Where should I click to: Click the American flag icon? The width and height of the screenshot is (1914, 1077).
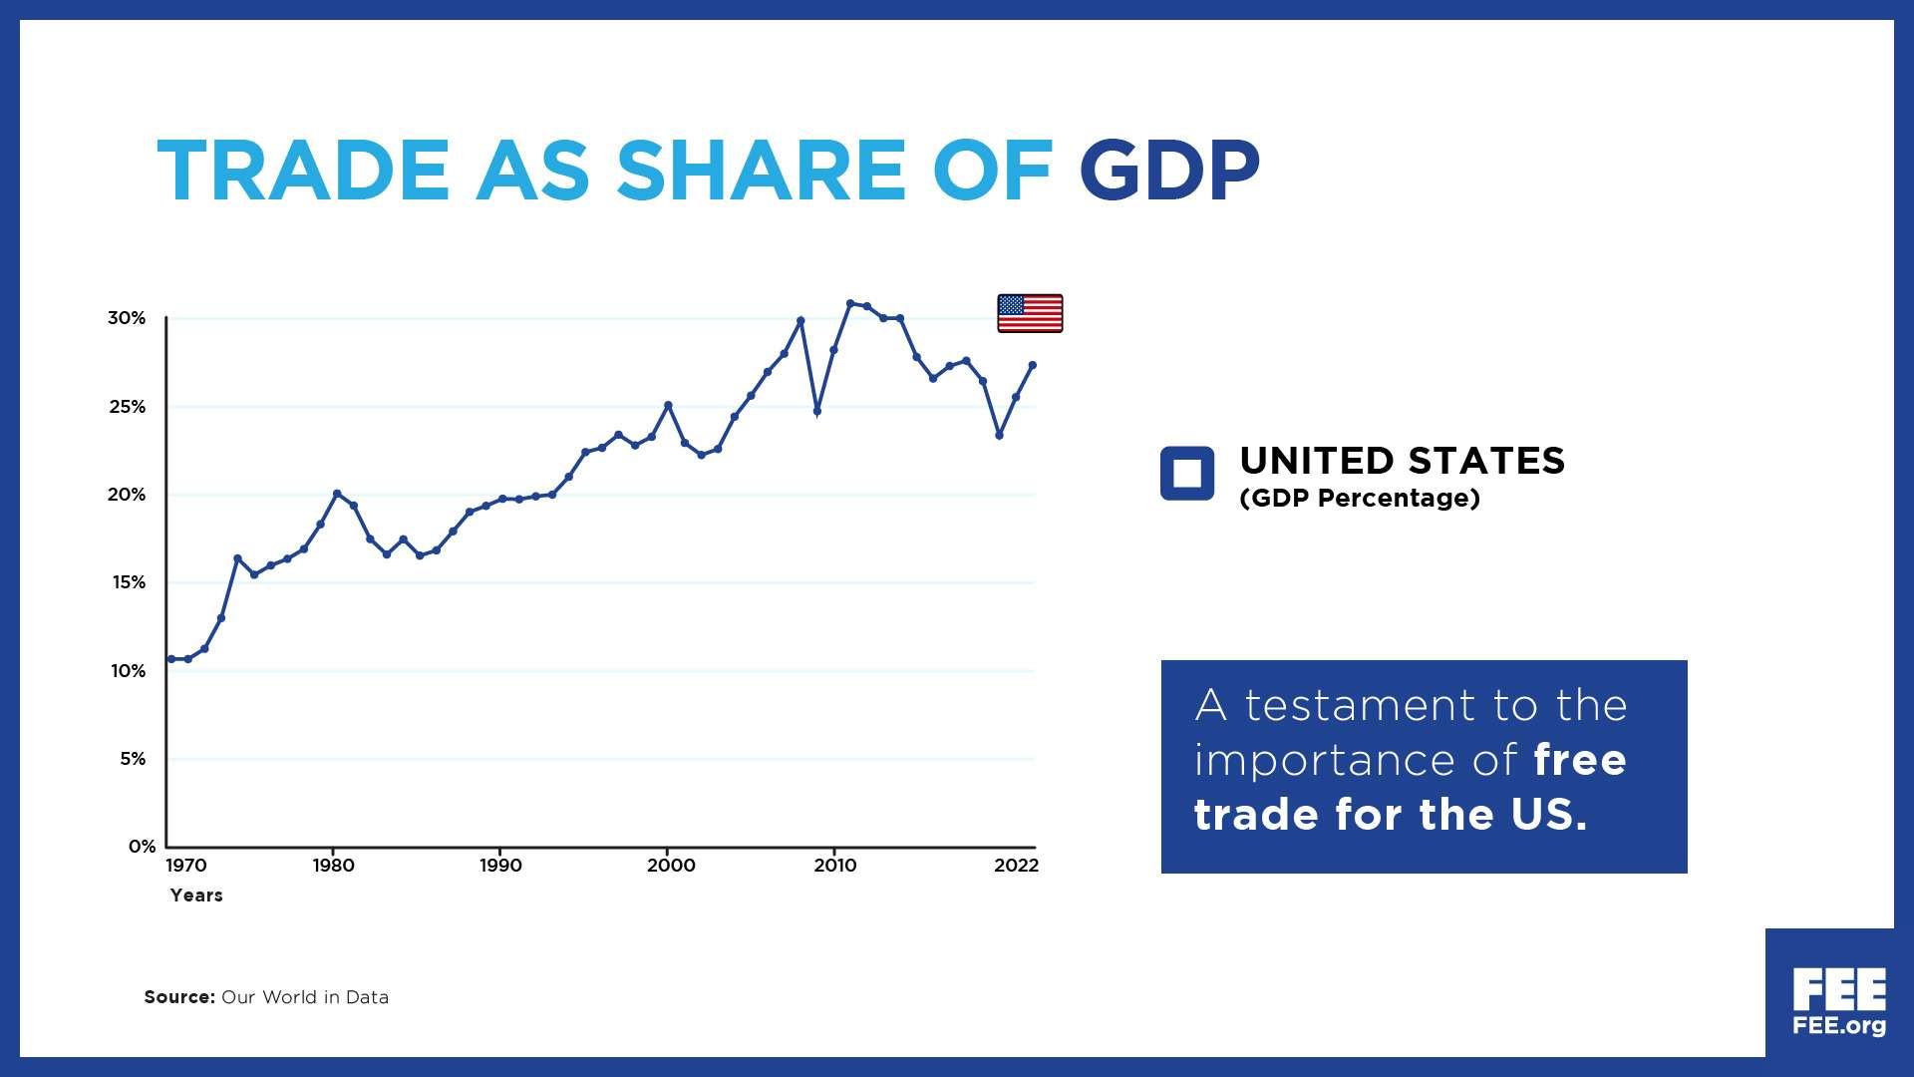click(x=1030, y=313)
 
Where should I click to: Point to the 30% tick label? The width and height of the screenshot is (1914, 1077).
click(x=127, y=318)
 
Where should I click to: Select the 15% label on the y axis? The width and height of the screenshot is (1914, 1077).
click(x=129, y=582)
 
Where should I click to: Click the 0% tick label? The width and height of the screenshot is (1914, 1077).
click(x=142, y=847)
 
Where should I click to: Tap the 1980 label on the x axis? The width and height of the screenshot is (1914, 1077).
click(x=333, y=866)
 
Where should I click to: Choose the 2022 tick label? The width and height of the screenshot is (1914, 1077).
click(x=1016, y=866)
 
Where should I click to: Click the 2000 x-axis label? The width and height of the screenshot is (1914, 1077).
click(x=671, y=866)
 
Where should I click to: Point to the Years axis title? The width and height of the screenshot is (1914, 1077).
click(x=196, y=896)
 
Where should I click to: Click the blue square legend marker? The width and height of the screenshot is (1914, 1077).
click(x=1186, y=473)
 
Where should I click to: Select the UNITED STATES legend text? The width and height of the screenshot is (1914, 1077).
click(x=1402, y=461)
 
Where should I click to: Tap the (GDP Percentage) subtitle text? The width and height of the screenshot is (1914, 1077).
click(x=1359, y=498)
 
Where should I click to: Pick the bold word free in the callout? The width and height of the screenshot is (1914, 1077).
click(x=1579, y=760)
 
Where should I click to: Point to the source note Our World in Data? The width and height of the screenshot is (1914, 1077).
click(x=304, y=997)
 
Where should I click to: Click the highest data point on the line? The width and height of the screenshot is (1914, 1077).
click(x=850, y=303)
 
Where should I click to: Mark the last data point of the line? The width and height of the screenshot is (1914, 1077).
click(x=1032, y=365)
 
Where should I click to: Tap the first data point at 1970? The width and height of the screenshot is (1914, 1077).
click(x=171, y=659)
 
